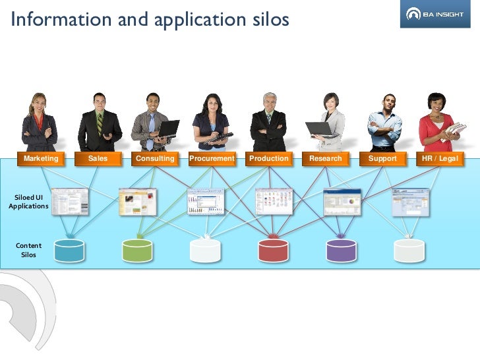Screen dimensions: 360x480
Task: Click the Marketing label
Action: [x=41, y=159]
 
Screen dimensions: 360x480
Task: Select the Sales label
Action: [x=98, y=159]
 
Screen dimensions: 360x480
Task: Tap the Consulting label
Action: [x=155, y=159]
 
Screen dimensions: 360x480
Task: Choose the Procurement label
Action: [x=212, y=159]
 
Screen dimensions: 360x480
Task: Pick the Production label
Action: [x=269, y=159]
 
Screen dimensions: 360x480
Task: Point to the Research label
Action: [x=326, y=159]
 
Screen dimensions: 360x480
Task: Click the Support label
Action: [x=383, y=159]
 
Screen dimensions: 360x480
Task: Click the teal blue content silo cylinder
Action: [x=69, y=251]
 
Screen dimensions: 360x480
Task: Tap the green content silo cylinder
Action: [x=137, y=251]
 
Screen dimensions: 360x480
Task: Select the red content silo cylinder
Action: [x=274, y=251]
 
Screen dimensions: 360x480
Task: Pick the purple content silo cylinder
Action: [x=342, y=251]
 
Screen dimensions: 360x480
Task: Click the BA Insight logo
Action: [x=436, y=14]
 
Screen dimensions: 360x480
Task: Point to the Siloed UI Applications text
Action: [x=28, y=201]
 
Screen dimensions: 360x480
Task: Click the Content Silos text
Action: [x=28, y=250]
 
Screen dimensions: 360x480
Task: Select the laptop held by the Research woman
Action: [x=319, y=129]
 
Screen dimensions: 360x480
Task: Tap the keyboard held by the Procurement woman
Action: [x=218, y=138]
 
